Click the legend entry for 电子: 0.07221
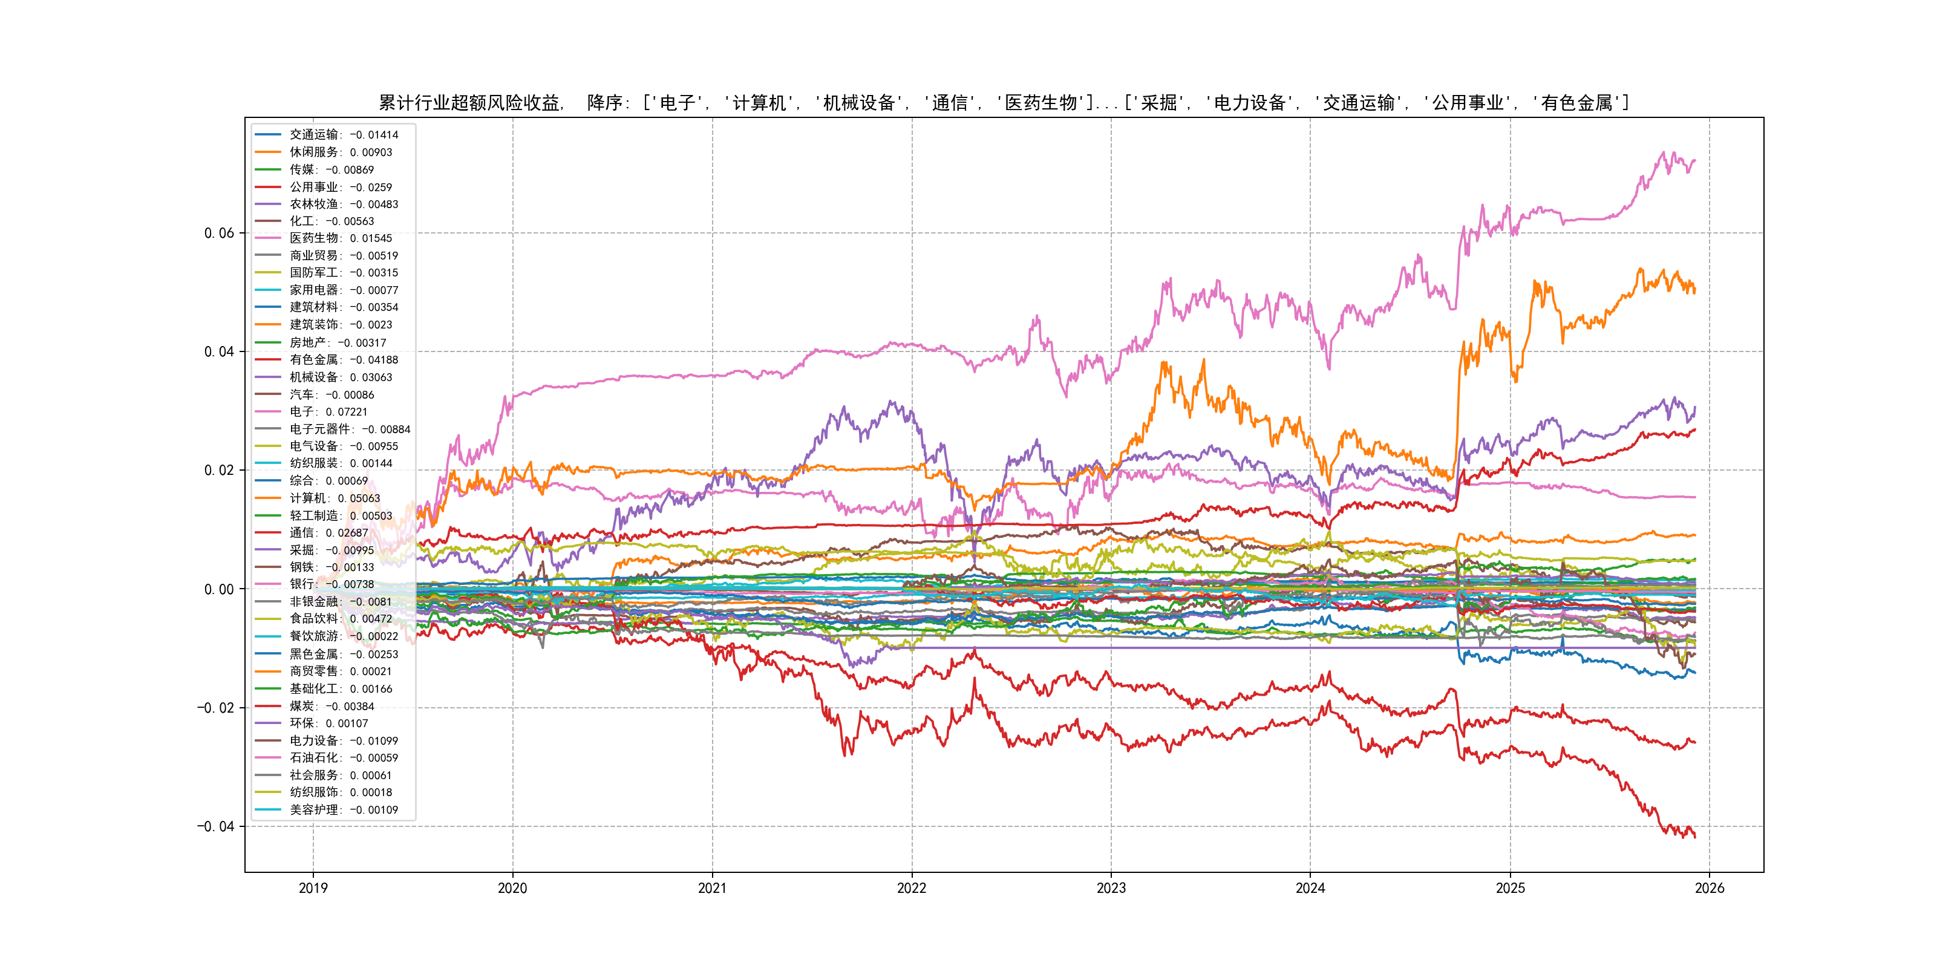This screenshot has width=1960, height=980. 328,411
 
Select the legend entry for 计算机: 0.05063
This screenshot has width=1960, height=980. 335,498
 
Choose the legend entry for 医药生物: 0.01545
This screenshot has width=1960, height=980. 341,238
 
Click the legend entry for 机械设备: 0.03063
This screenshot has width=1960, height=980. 341,377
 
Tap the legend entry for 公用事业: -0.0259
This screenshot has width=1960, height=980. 341,187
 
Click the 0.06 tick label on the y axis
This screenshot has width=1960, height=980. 219,233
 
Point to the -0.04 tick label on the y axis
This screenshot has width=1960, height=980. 216,826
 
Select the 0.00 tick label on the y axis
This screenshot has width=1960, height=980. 219,589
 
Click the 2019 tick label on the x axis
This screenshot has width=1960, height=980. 313,888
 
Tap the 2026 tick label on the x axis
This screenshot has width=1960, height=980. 1710,888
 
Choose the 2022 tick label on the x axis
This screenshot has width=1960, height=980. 912,888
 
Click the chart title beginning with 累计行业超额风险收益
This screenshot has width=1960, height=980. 1004,103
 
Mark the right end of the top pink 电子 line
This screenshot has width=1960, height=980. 1695,160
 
